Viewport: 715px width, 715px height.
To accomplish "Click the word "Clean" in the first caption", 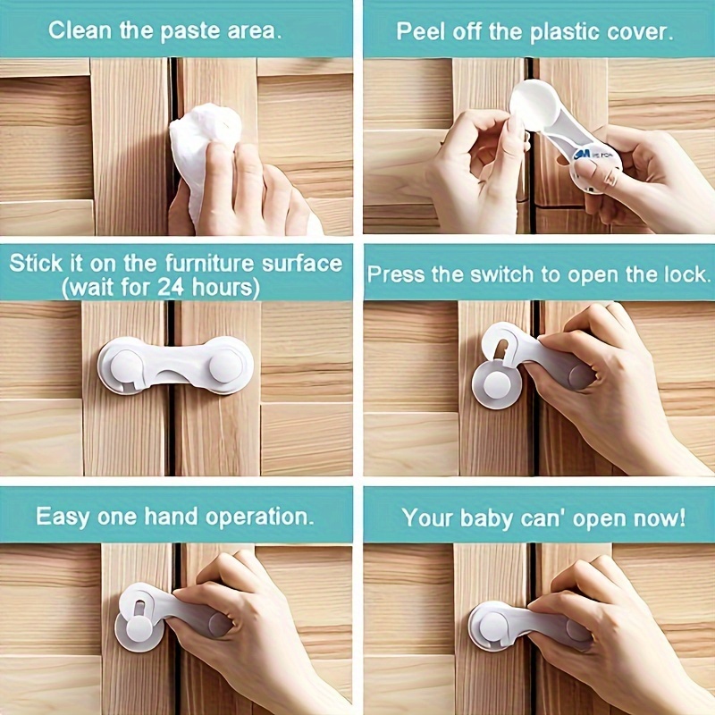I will (78, 31).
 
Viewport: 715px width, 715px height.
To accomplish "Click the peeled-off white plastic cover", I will (535, 105).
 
